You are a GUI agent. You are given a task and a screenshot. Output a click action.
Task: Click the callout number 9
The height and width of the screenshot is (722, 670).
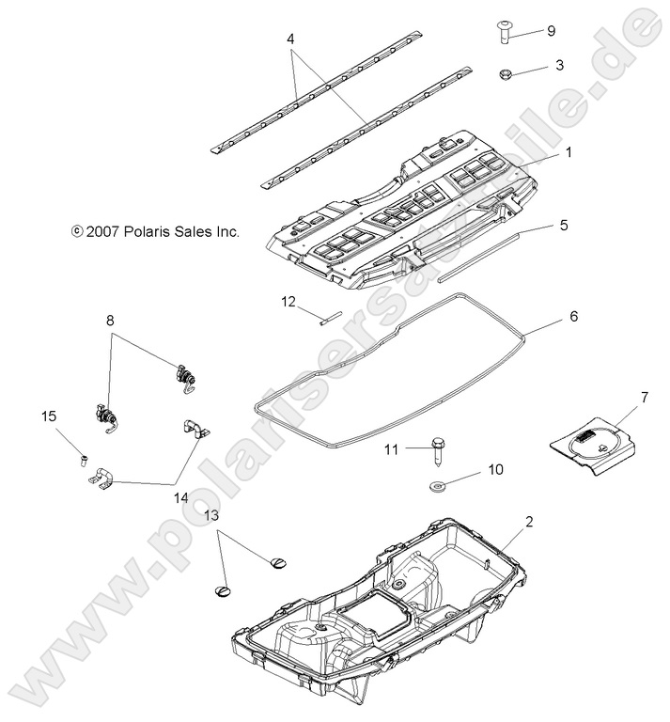(551, 31)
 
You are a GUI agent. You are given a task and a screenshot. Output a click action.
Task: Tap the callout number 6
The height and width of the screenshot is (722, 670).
(572, 317)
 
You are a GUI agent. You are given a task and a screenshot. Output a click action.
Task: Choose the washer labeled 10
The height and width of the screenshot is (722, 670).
(439, 486)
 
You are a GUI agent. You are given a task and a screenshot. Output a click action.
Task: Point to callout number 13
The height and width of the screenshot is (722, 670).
(211, 516)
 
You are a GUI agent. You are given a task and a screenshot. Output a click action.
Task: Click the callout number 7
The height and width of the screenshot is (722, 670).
(645, 399)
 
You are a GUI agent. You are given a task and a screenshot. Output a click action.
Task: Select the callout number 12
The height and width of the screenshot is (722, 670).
(288, 302)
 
